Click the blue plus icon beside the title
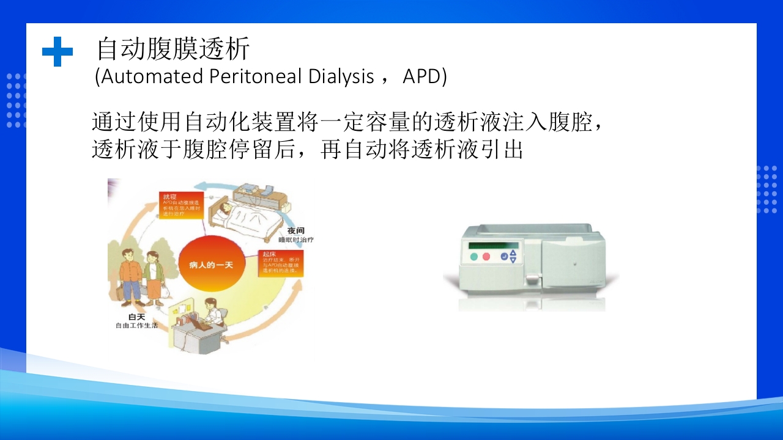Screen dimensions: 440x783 [x=57, y=51]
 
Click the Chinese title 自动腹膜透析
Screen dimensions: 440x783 [x=173, y=50]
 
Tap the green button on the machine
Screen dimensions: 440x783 [x=473, y=257]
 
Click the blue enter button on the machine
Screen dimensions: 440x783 [x=504, y=257]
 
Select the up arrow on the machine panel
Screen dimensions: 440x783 [x=513, y=252]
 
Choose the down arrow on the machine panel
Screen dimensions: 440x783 [x=513, y=260]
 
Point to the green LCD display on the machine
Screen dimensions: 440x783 [x=492, y=245]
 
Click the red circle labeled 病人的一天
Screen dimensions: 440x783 [x=210, y=265]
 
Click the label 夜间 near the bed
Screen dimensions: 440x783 [x=296, y=231]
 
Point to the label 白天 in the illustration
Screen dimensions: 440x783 [x=136, y=316]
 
